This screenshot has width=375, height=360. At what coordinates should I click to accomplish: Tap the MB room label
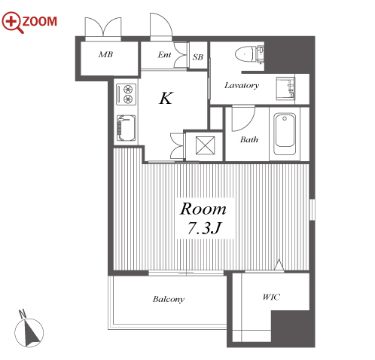pyautogui.click(x=105, y=54)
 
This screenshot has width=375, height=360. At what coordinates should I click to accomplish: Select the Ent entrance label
pyautogui.click(x=164, y=55)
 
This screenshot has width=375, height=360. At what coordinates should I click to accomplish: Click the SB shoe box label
pyautogui.click(x=198, y=57)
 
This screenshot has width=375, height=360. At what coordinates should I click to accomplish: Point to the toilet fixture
pyautogui.click(x=249, y=54)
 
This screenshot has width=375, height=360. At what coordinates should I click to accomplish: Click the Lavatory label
pyautogui.click(x=242, y=86)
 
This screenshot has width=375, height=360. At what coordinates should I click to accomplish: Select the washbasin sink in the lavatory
pyautogui.click(x=285, y=88)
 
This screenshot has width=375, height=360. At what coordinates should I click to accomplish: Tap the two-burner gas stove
pyautogui.click(x=127, y=94)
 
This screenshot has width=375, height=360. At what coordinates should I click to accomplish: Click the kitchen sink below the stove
pyautogui.click(x=127, y=128)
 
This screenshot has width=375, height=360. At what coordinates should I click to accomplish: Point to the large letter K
pyautogui.click(x=166, y=98)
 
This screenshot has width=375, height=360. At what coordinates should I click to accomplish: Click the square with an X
pyautogui.click(x=205, y=145)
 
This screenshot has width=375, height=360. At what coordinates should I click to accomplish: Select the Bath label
pyautogui.click(x=248, y=139)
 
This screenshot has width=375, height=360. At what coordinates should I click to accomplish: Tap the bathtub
pyautogui.click(x=285, y=134)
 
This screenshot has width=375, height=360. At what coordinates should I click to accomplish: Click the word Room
pyautogui.click(x=203, y=209)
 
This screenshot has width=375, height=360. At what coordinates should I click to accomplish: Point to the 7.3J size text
pyautogui.click(x=204, y=228)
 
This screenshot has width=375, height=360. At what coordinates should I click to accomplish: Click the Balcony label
pyautogui.click(x=169, y=299)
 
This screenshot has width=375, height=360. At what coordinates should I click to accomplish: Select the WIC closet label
pyautogui.click(x=271, y=297)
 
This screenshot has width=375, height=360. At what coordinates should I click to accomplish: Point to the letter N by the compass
pyautogui.click(x=23, y=314)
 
